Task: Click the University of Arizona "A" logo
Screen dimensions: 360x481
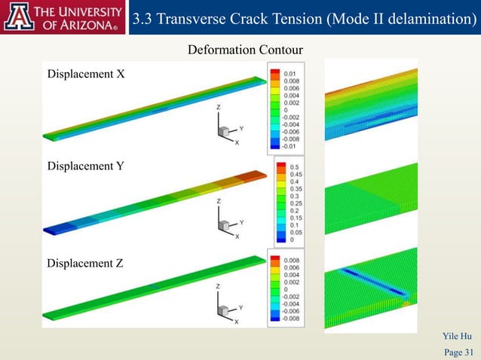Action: click(x=17, y=17)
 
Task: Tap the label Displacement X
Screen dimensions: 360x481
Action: click(x=86, y=74)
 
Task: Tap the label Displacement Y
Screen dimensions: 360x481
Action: click(x=85, y=166)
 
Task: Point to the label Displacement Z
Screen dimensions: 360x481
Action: click(x=85, y=264)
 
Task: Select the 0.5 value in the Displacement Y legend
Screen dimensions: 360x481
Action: click(x=294, y=166)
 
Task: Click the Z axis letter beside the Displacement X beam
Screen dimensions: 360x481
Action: click(x=219, y=108)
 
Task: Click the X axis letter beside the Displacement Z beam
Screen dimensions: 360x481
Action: click(x=236, y=322)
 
